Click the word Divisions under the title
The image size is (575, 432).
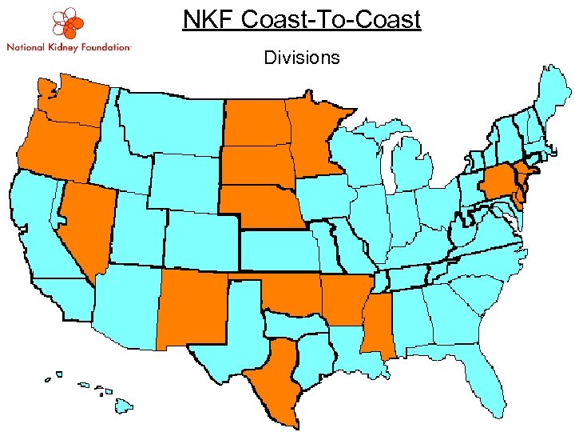pos(301,58)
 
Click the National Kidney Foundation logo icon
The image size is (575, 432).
pos(67,23)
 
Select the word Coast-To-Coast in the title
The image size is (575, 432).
pos(331,19)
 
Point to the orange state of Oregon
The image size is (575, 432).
pos(56,148)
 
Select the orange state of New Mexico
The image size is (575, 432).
pos(192,308)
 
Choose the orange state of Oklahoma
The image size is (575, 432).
pos(291,296)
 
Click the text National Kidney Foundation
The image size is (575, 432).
pos(68,47)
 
